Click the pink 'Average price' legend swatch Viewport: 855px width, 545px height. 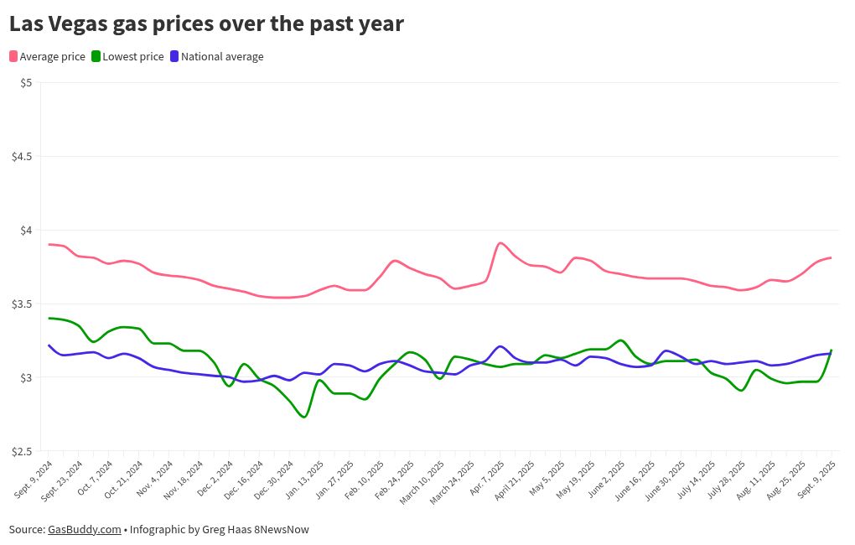[x=13, y=56]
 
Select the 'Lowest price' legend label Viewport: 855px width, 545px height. [x=132, y=56]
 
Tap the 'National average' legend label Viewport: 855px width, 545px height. [x=222, y=56]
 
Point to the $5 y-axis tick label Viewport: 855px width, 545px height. [x=25, y=82]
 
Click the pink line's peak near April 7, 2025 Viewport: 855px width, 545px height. [x=500, y=243]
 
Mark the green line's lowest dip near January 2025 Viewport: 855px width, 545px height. [x=303, y=417]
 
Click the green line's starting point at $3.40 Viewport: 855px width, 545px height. [x=49, y=318]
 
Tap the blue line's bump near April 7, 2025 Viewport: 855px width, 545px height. [x=500, y=346]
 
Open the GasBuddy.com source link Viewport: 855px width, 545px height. [x=84, y=529]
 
